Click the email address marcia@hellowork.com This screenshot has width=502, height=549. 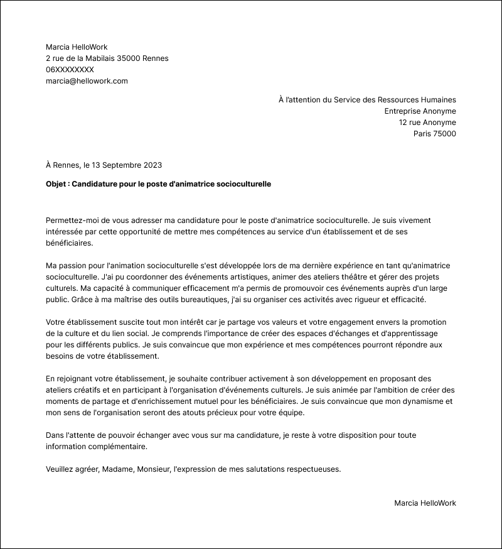coord(87,81)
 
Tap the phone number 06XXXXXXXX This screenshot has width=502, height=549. coord(70,70)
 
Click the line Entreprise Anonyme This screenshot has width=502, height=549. coord(420,111)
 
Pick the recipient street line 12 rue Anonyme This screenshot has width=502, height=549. coord(427,122)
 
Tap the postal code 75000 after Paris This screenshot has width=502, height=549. coord(444,134)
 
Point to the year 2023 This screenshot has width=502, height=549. coord(152,165)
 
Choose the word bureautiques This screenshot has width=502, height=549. coord(205,299)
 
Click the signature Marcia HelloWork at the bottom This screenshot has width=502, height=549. coord(425,503)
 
